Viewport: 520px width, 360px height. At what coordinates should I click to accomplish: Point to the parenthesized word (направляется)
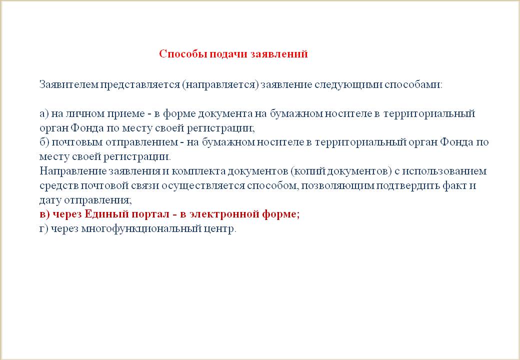coord(220,85)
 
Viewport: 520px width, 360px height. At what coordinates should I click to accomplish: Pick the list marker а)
coord(44,114)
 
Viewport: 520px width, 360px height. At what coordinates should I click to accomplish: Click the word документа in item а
coord(225,113)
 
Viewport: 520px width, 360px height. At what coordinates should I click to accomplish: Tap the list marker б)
coord(44,142)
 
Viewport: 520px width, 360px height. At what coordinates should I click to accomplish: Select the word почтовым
coord(77,142)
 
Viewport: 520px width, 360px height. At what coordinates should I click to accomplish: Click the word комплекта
coord(199,171)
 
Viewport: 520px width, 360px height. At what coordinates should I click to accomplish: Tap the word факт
coord(454,185)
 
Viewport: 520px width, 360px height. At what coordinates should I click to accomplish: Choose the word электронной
coord(224,214)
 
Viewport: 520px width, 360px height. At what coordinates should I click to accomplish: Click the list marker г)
coord(44,228)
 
